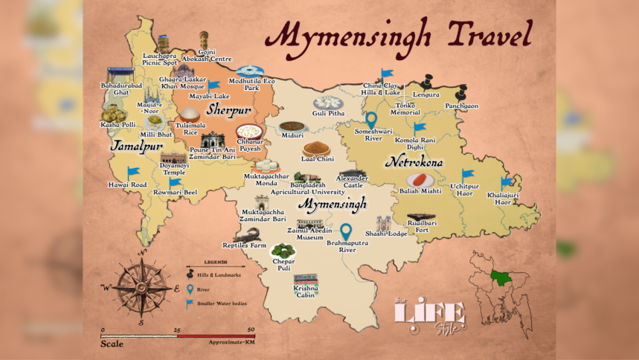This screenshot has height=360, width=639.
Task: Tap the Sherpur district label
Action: [x=229, y=110]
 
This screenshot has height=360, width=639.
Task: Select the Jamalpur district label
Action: [x=136, y=147]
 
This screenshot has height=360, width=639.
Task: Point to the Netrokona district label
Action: [x=414, y=161]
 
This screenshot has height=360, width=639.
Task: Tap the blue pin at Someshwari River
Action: [x=371, y=120]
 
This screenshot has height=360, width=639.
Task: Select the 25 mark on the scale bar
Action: [x=177, y=329]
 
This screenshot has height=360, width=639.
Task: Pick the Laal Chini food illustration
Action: [x=317, y=147]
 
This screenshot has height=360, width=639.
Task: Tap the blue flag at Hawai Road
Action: [x=133, y=173]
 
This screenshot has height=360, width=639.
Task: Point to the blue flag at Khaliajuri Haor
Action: [x=507, y=182]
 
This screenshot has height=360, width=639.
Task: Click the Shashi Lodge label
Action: [x=386, y=234]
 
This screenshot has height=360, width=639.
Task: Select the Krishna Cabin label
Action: [x=306, y=291]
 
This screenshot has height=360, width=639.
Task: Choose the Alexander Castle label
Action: [x=352, y=181]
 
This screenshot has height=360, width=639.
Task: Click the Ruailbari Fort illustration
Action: [x=421, y=219]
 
